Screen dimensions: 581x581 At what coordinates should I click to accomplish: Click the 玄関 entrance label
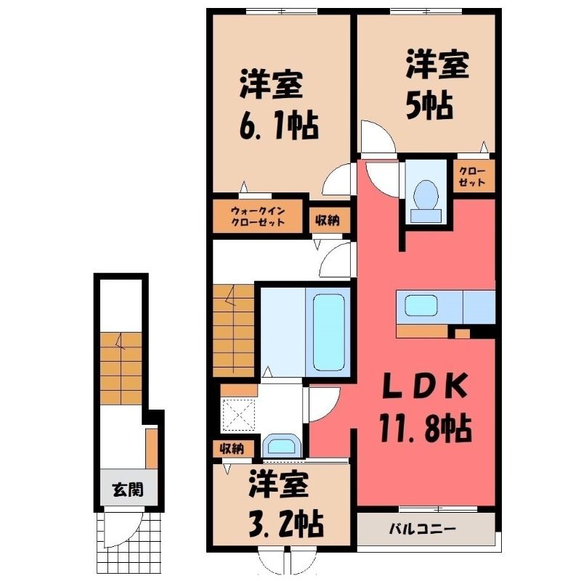[128, 490]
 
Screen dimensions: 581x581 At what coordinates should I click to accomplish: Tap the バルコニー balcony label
[422, 529]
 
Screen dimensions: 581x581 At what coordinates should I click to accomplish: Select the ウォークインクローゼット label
[258, 216]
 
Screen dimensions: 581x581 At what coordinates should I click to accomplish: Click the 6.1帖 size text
[279, 126]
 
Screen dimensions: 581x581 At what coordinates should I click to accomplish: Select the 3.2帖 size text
[285, 524]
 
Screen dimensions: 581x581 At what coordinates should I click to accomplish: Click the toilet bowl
[426, 203]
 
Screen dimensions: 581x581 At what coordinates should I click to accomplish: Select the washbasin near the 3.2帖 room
[282, 445]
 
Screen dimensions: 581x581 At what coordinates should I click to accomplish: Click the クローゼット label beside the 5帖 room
[472, 177]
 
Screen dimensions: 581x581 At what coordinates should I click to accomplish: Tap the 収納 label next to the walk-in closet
[328, 222]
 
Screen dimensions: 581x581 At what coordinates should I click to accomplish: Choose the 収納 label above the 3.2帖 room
[232, 449]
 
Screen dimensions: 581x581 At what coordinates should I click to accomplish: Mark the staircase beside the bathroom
[233, 330]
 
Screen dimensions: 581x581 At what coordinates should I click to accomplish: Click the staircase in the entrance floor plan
[121, 368]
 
